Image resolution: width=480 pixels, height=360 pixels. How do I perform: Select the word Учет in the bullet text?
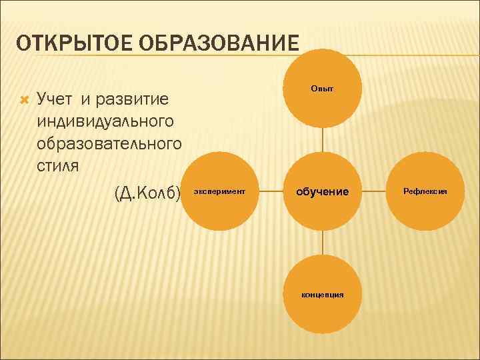coord(57,100)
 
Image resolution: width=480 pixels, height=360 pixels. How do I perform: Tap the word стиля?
coord(59,164)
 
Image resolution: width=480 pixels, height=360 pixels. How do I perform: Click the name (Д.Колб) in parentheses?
coord(147,193)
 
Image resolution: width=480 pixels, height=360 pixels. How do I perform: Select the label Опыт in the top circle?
coord(323,89)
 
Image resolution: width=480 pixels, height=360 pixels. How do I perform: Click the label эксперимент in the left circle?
coord(219,191)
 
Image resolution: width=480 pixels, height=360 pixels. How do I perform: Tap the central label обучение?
coord(323,191)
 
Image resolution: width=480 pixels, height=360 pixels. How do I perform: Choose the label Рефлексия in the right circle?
coord(425,191)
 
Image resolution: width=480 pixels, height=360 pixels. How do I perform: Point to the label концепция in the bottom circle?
coord(323,294)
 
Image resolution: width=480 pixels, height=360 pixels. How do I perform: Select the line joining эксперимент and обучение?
coord(271,191)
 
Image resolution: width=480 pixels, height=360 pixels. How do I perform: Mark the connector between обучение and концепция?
coord(323,243)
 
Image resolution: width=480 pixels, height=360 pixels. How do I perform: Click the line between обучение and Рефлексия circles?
coord(374,191)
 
